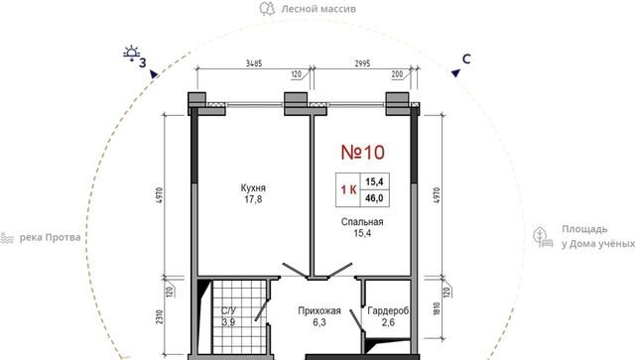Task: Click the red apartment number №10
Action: tap(362, 153)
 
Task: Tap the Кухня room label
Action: tap(253, 187)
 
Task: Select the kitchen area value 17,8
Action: tap(253, 199)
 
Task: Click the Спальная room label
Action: tap(362, 222)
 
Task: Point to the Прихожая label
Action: tap(319, 311)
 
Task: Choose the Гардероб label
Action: tap(388, 311)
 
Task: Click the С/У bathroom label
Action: tap(228, 311)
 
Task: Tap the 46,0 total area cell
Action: tap(374, 198)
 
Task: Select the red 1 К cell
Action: tap(348, 190)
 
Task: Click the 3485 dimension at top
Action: tap(254, 63)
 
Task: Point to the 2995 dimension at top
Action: tap(362, 63)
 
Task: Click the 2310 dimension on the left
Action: tap(160, 316)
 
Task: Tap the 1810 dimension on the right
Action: tap(437, 309)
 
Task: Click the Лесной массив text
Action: tap(318, 9)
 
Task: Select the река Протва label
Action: tap(51, 237)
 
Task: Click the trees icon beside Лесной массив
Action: tap(267, 9)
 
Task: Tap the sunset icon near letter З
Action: tap(132, 54)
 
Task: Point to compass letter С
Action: tap(466, 60)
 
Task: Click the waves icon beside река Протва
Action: tap(7, 238)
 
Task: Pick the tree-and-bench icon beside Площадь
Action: tap(543, 237)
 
